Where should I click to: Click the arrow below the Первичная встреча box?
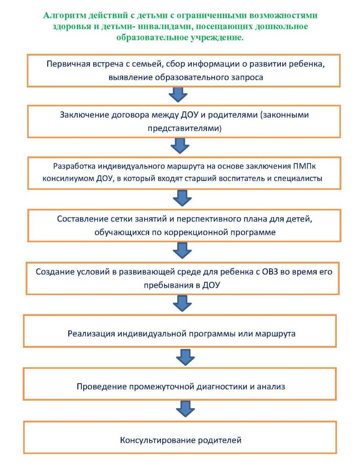(178, 95)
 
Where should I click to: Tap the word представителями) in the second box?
(185, 128)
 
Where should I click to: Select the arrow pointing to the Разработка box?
(180, 145)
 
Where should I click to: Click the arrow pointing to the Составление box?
(182, 198)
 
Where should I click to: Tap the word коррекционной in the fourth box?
(196, 232)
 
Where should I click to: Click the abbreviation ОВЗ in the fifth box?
(270, 272)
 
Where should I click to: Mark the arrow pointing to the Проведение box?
(185, 357)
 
